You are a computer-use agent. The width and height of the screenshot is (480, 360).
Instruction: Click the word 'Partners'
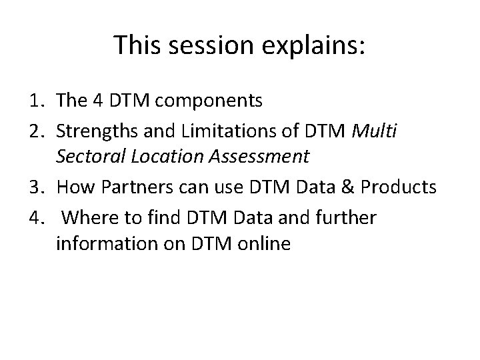(131, 187)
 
